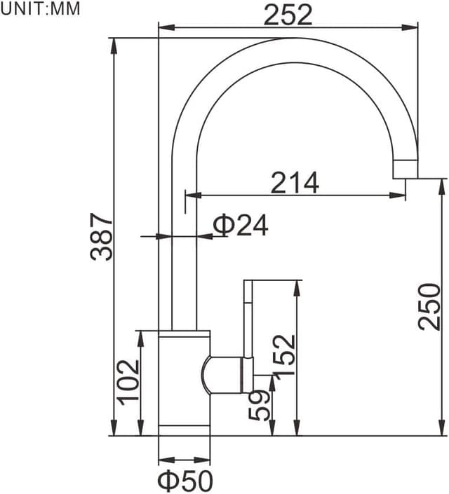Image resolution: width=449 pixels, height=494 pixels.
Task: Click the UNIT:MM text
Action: tap(41, 9)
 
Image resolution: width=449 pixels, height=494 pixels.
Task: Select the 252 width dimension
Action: tap(288, 14)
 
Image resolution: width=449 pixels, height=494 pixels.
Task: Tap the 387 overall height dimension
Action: tap(102, 236)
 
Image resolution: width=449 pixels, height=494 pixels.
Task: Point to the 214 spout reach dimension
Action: tap(295, 182)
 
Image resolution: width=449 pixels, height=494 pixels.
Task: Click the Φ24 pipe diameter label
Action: tap(241, 225)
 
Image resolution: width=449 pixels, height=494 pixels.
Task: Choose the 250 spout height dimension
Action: tap(429, 306)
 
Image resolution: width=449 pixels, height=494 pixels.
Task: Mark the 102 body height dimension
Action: tap(128, 381)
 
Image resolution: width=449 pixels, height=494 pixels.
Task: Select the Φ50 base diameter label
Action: tap(184, 481)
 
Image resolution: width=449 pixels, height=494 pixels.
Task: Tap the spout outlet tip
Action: tap(405, 169)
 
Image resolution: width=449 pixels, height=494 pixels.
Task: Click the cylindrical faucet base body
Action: tap(184, 382)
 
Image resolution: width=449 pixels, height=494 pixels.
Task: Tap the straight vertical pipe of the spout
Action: tap(185, 266)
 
